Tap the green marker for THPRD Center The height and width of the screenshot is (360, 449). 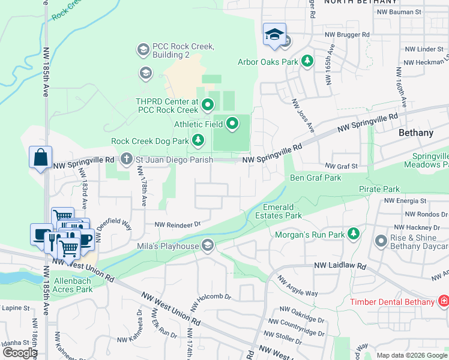click(x=208, y=106)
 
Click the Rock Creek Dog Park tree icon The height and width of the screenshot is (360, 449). click(x=198, y=141)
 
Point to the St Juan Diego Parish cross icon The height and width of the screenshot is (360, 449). click(x=125, y=160)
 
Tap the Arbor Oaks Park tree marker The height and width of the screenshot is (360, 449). click(x=307, y=61)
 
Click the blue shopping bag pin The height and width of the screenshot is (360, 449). click(x=40, y=158)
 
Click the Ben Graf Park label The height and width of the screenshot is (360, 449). click(x=315, y=178)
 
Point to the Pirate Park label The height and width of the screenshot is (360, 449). click(x=379, y=189)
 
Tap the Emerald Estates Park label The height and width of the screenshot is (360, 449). click(x=278, y=211)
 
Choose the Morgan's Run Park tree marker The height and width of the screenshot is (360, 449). click(x=354, y=233)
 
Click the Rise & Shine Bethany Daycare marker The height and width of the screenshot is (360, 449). click(x=381, y=241)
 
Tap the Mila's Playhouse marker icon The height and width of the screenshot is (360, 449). click(x=208, y=245)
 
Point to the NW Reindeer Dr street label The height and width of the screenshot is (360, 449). click(x=177, y=224)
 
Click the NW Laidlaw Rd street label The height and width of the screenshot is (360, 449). click(x=340, y=265)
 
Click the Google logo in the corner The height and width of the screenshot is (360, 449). click(x=20, y=352)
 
